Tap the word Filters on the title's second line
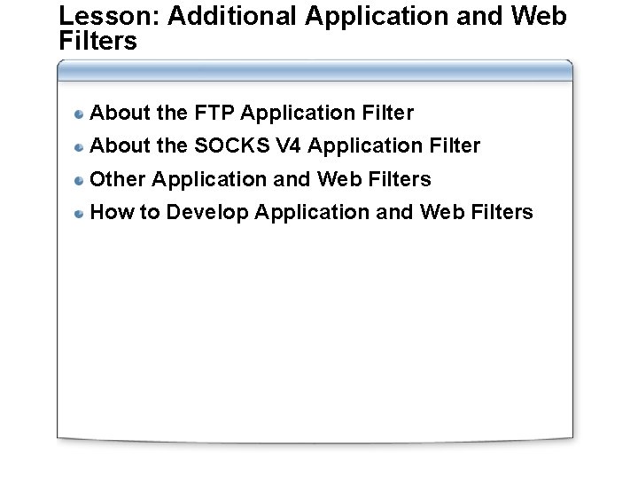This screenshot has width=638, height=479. click(97, 41)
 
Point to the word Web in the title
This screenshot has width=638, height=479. click(538, 17)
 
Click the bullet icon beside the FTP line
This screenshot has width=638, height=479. click(80, 114)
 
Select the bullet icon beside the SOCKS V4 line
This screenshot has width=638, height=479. click(80, 146)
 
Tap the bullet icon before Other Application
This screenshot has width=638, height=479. click(80, 180)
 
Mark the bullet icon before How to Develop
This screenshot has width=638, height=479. click(80, 213)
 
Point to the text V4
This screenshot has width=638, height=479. click(266, 145)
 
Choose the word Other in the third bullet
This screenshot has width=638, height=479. click(119, 179)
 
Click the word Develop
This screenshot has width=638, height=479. click(208, 212)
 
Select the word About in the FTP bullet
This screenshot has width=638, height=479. click(119, 113)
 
